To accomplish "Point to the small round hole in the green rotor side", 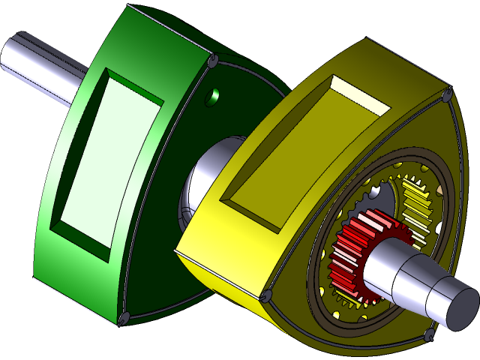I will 214,95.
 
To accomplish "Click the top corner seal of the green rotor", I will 212,58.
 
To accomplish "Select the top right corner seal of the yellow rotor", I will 448,96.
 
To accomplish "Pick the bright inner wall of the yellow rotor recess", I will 360,94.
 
